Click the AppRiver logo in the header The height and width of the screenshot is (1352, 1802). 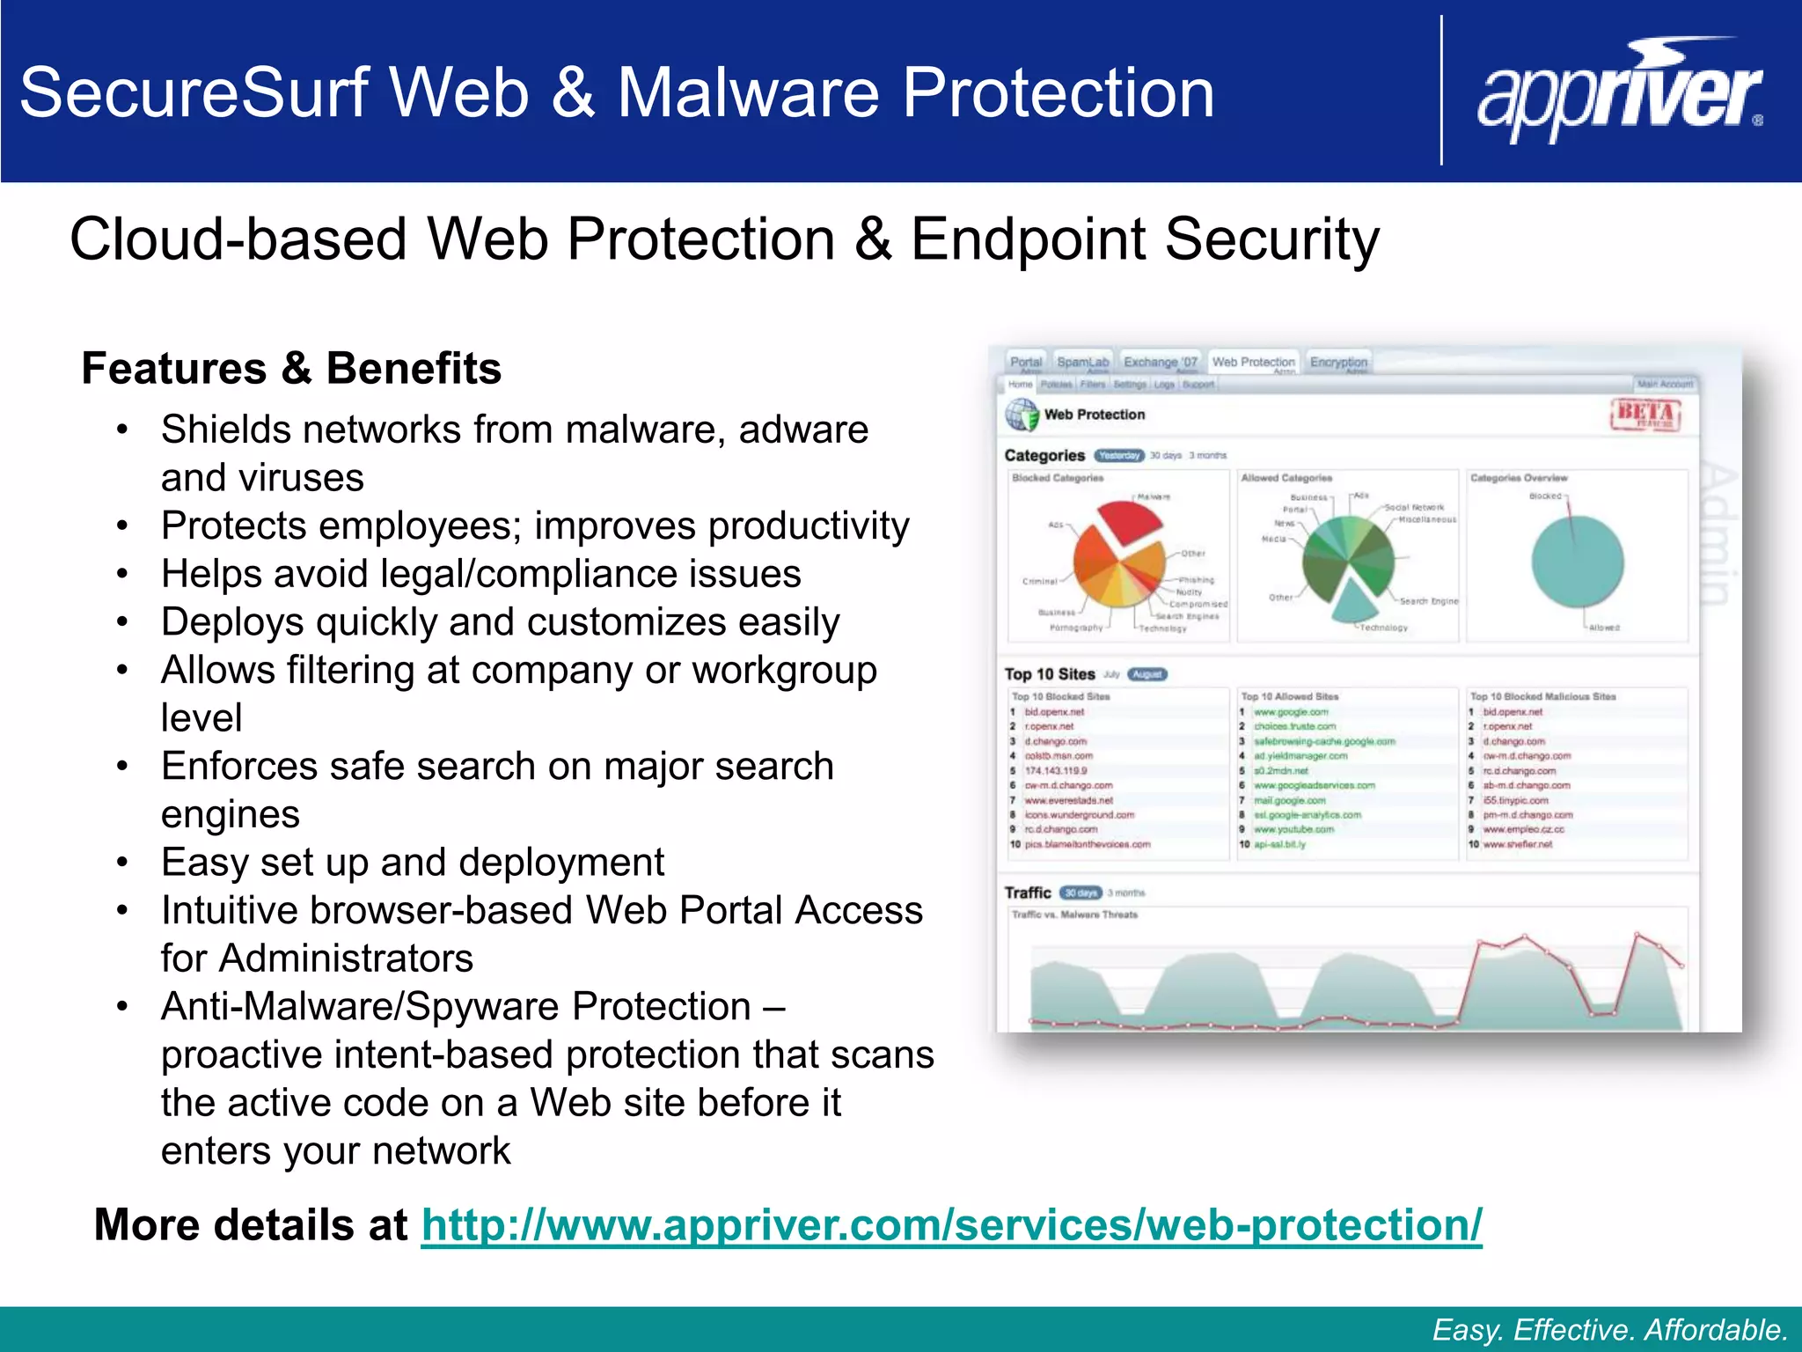pyautogui.click(x=1620, y=92)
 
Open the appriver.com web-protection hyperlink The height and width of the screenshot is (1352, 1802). pyautogui.click(x=951, y=1224)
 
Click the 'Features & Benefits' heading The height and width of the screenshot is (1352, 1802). pyautogui.click(x=291, y=368)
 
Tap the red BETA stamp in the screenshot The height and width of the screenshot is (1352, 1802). pyautogui.click(x=1645, y=414)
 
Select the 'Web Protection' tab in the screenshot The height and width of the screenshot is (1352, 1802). pyautogui.click(x=1253, y=362)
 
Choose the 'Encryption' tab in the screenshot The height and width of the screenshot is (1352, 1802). pyautogui.click(x=1338, y=362)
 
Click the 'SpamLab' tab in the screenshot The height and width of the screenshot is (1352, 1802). pyautogui.click(x=1083, y=362)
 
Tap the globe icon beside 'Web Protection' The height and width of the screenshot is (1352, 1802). pyautogui.click(x=1022, y=415)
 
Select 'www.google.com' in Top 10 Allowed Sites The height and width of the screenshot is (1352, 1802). pyautogui.click(x=1291, y=712)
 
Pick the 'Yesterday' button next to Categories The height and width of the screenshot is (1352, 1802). pyautogui.click(x=1119, y=455)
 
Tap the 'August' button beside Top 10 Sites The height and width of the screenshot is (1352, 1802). pyautogui.click(x=1147, y=674)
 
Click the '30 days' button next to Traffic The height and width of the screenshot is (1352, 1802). pyautogui.click(x=1080, y=893)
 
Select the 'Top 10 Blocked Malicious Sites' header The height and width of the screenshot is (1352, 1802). pyautogui.click(x=1542, y=696)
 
